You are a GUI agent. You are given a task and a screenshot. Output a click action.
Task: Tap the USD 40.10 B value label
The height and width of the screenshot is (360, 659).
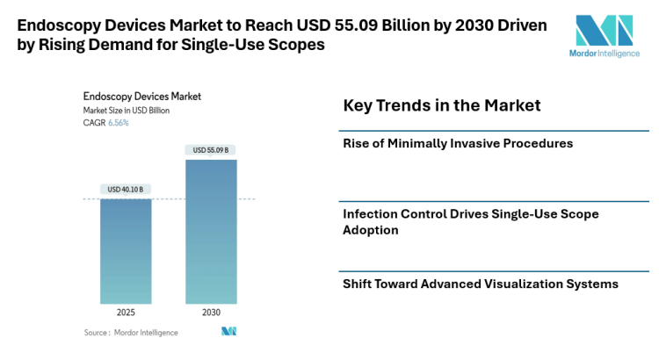click(x=126, y=190)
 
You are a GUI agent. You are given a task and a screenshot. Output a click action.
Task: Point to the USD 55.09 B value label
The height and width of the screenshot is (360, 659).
click(x=210, y=150)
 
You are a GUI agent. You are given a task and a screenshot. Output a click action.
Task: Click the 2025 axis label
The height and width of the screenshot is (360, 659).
click(x=126, y=312)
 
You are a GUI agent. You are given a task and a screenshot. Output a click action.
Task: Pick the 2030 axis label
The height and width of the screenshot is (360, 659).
click(x=210, y=312)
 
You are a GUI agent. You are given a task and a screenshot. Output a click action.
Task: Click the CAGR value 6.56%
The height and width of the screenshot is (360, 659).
click(x=118, y=123)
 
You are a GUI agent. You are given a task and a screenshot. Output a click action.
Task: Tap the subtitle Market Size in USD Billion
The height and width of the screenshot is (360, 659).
click(x=127, y=110)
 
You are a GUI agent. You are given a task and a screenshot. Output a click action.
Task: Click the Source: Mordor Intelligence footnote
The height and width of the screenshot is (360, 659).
click(x=131, y=333)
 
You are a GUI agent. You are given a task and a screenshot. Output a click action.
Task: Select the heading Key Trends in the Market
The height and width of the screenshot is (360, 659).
click(x=441, y=106)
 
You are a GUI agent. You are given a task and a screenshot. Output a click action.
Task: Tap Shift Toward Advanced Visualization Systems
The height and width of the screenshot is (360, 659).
click(x=481, y=284)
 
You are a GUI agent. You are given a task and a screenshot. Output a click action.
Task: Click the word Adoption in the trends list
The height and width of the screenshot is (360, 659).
click(x=370, y=230)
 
